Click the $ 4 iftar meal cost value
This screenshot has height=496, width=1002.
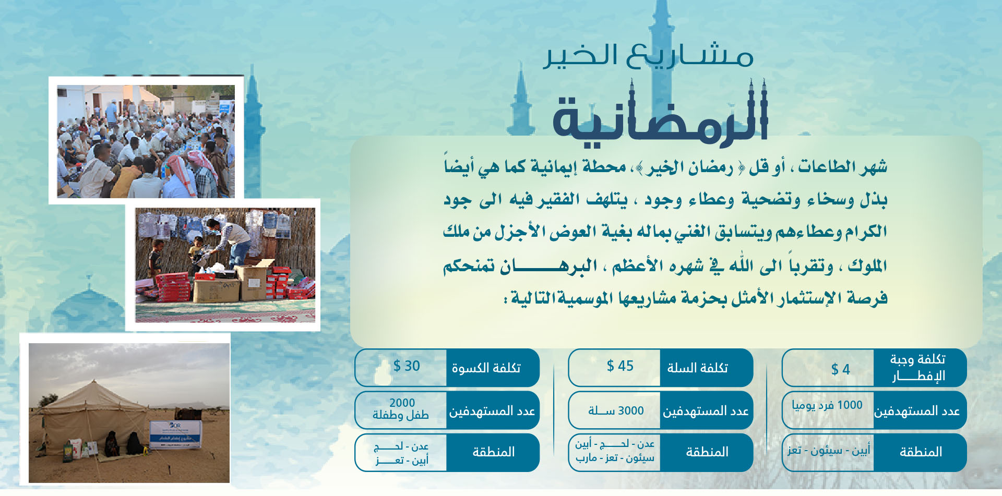pos(840,369)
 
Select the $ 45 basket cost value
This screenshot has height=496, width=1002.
pos(620,366)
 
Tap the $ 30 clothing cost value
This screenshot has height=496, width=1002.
pos(407,366)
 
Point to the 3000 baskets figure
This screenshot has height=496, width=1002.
pos(616,411)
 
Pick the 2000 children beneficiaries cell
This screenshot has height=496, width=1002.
pos(401,409)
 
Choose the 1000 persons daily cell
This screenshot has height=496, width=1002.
pos(827,405)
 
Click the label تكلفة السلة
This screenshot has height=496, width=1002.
pos(697,368)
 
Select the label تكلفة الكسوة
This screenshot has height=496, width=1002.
pos(486,368)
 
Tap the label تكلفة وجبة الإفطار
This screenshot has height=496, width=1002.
pos(918,367)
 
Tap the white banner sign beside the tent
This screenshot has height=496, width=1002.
pos(175,434)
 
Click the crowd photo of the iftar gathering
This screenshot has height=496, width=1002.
pos(146,141)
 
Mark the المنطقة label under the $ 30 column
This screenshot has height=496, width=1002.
pos(493,452)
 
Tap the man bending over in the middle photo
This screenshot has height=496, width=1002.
pos(230,240)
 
